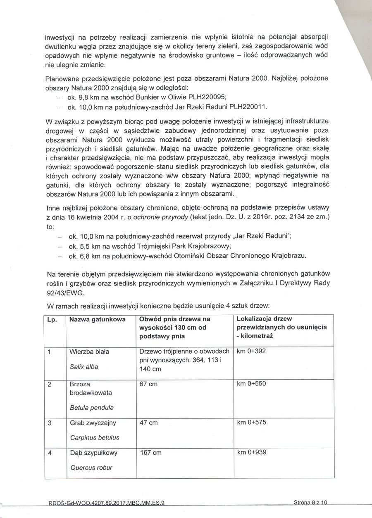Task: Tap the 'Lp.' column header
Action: click(52, 320)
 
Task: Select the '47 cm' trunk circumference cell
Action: click(149, 423)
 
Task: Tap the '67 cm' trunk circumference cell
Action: click(149, 384)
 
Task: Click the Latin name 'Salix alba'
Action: click(84, 366)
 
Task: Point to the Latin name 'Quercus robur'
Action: click(91, 468)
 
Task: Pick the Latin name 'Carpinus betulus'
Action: click(95, 437)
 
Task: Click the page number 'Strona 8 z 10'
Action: click(310, 503)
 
